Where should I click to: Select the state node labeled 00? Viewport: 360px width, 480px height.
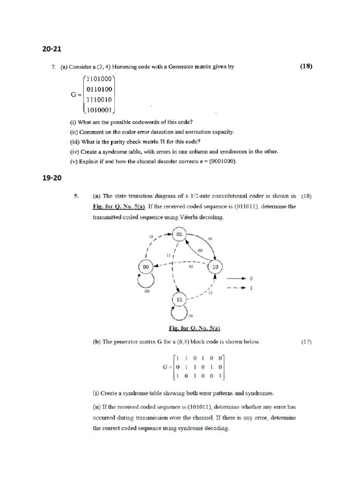146,266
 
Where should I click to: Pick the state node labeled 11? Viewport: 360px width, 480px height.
179,299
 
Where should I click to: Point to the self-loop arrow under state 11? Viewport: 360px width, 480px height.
180,312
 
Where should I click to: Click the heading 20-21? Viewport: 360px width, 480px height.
52,48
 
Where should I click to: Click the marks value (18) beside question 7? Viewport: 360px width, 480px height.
306,67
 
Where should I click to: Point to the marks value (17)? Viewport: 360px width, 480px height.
306,342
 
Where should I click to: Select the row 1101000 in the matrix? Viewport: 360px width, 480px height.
99,79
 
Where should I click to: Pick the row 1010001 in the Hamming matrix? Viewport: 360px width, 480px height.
99,110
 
